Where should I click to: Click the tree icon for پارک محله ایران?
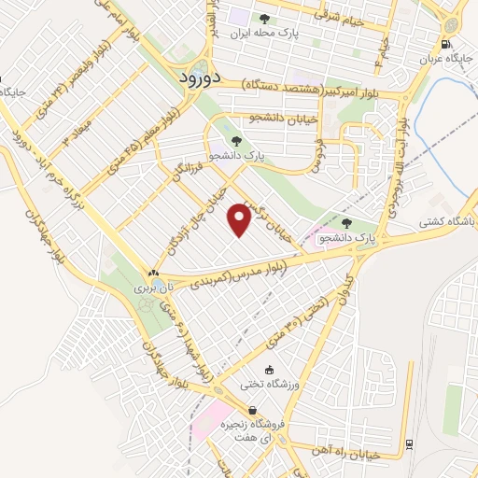(265, 18)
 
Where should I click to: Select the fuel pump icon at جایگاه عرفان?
(446, 43)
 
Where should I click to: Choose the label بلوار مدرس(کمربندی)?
(246, 271)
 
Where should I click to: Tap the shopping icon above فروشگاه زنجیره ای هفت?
(252, 410)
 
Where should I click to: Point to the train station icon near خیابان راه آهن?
(410, 443)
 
